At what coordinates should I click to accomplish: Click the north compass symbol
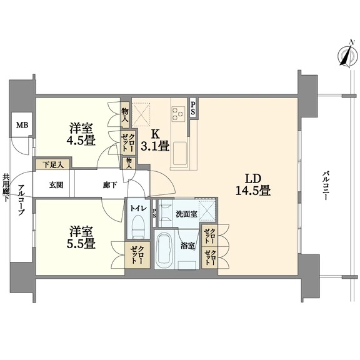348,56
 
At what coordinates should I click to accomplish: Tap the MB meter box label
22,125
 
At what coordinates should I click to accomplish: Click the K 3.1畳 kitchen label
155,140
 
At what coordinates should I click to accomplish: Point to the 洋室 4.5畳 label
81,134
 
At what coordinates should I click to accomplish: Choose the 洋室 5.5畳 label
81,237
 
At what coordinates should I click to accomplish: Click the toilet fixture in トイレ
138,226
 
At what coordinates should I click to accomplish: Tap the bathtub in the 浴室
164,250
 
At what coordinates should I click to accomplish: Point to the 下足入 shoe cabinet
52,164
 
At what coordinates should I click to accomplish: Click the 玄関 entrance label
56,185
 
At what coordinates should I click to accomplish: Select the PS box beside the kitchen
193,108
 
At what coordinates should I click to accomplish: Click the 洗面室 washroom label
186,214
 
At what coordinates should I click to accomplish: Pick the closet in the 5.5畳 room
137,254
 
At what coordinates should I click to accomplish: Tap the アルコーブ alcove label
21,200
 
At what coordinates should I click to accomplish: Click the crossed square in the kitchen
141,114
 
